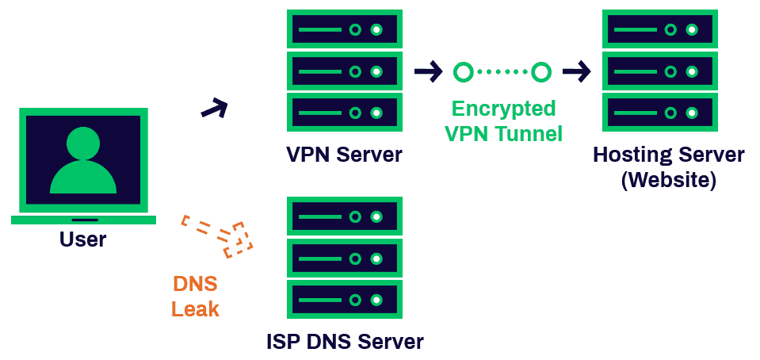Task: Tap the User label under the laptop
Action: (x=82, y=239)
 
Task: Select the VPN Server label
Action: (x=344, y=154)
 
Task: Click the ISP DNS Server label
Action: (x=344, y=342)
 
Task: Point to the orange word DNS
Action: (x=195, y=284)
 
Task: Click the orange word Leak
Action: (x=195, y=308)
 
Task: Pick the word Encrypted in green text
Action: (x=503, y=109)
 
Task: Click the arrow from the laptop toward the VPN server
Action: (x=214, y=108)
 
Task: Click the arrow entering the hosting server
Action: (x=577, y=73)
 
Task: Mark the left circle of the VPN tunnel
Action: (x=463, y=73)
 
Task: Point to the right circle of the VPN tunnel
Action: (x=541, y=73)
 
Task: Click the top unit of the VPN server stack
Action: (x=344, y=30)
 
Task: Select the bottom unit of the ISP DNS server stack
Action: (x=344, y=300)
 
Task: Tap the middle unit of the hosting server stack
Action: (x=659, y=73)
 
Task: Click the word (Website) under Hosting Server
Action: (x=669, y=180)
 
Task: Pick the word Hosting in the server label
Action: (x=630, y=154)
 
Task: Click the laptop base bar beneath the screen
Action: (x=82, y=220)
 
